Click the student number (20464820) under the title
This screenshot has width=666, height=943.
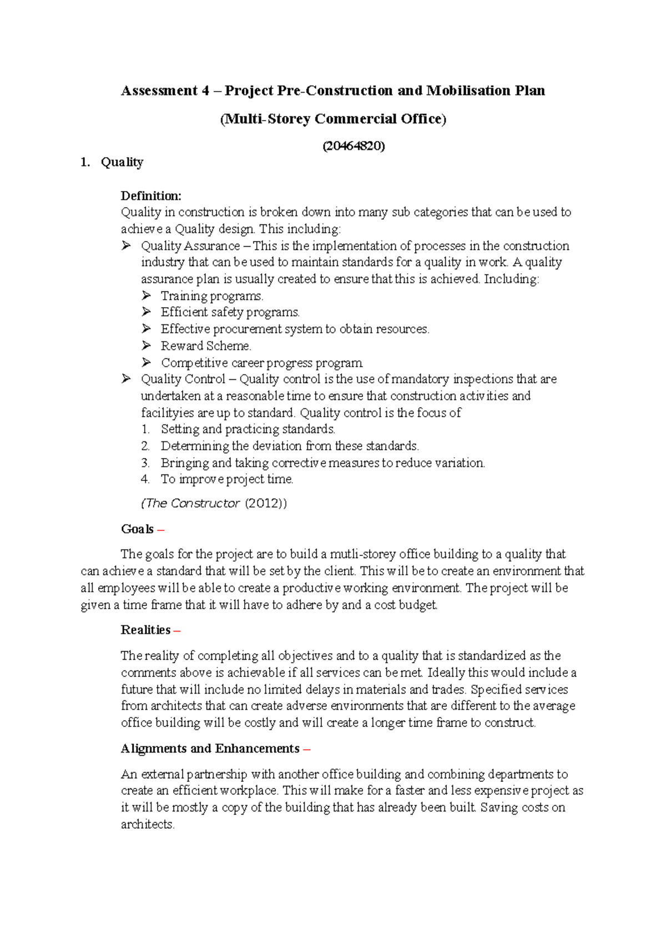(354, 146)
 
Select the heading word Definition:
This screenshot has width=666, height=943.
(151, 195)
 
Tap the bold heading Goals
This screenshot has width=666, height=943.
(137, 529)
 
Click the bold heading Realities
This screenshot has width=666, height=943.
(145, 630)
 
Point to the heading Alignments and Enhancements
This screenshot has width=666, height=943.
(210, 749)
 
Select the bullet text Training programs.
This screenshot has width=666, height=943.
(212, 296)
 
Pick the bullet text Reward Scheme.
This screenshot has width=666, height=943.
(206, 346)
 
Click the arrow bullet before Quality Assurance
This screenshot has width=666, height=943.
(127, 245)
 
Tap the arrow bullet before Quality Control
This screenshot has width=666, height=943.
(127, 379)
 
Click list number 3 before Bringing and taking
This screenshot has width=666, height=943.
(145, 463)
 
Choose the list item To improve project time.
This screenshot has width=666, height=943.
(227, 479)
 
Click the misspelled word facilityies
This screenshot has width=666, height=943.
(168, 413)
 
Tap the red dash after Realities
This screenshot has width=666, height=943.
(177, 630)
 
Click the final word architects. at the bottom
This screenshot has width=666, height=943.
(148, 825)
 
